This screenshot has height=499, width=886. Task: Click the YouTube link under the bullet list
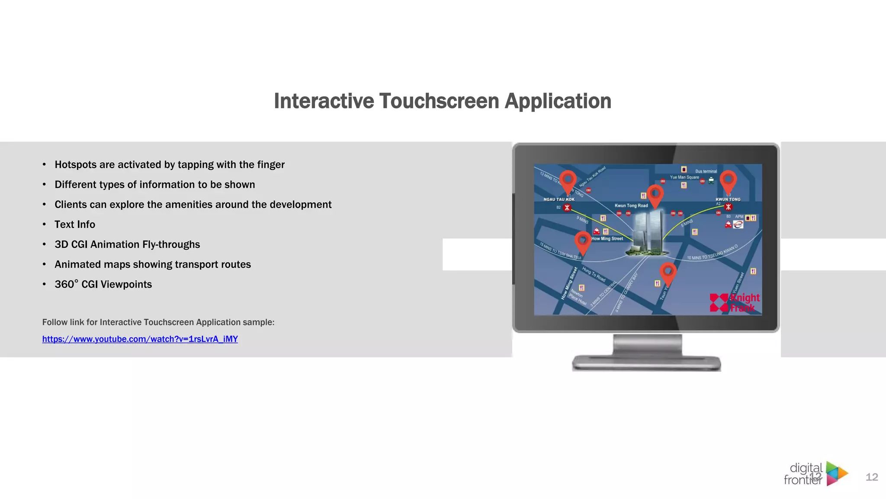pyautogui.click(x=140, y=339)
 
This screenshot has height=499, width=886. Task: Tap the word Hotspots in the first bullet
pyautogui.click(x=75, y=165)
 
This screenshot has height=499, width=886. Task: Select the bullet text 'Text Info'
pyautogui.click(x=75, y=224)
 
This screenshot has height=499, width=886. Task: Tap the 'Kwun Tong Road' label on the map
pyautogui.click(x=631, y=206)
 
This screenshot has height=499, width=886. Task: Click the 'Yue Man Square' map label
pyautogui.click(x=684, y=177)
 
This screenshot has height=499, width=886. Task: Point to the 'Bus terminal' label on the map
pyautogui.click(x=706, y=171)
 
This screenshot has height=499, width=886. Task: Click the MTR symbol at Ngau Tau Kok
pyautogui.click(x=567, y=208)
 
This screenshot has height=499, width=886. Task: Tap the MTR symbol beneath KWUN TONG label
pyautogui.click(x=729, y=207)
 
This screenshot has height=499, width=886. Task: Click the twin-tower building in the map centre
pyautogui.click(x=648, y=232)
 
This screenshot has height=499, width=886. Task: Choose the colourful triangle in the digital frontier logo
pyautogui.click(x=836, y=473)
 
